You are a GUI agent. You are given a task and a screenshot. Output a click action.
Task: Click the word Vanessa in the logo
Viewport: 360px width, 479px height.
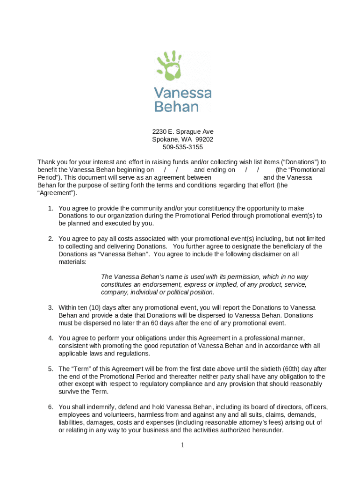coord(182,93)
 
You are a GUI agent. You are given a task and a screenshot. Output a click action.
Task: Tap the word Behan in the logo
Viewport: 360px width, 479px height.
coord(176,107)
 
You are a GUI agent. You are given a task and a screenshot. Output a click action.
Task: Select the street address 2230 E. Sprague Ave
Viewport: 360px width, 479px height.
coord(183,132)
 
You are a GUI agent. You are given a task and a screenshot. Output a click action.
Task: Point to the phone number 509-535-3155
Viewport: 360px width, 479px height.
coord(183,147)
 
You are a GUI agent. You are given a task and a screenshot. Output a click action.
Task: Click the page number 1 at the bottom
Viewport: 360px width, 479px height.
coord(183,445)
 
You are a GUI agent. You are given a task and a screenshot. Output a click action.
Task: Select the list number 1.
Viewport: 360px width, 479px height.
coord(50,208)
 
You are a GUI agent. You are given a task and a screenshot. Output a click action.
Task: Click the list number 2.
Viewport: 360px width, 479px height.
coord(50,239)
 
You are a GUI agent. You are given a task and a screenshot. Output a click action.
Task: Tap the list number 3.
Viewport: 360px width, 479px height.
coord(50,308)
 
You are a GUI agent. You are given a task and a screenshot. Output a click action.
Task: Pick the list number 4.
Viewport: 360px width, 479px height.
coord(50,338)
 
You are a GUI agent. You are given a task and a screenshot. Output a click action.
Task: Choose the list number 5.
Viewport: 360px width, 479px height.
coord(50,369)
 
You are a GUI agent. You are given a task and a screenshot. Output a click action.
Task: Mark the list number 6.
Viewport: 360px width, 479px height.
coord(50,407)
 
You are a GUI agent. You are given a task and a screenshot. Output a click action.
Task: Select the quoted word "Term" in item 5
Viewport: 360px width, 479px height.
coord(81,369)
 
